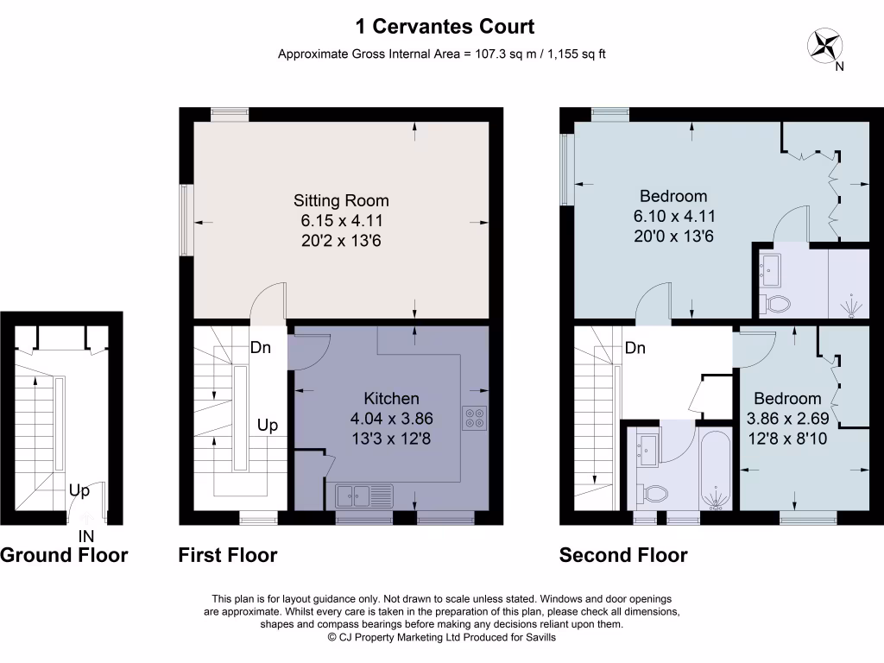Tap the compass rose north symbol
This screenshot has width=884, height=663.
826,45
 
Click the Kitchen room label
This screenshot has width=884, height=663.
391,399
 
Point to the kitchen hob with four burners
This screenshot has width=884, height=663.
474,418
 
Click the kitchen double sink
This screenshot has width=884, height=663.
363,496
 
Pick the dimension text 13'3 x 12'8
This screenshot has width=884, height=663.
391,439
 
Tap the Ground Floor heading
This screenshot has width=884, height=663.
64,555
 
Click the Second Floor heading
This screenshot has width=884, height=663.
623,555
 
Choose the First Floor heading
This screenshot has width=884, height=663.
228,555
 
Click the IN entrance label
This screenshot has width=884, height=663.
86,536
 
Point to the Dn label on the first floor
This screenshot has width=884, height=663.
261,348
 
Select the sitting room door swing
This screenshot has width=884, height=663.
268,302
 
